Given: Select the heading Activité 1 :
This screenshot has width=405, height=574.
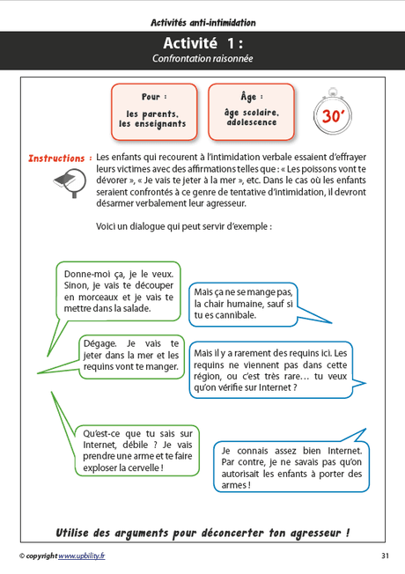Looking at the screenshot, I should click(x=202, y=43).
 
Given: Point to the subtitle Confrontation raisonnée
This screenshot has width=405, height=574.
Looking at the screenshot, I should click(x=202, y=59).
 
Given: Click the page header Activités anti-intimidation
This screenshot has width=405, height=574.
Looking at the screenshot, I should click(x=202, y=21).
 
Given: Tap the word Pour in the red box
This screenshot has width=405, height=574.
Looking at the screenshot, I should click(x=154, y=95).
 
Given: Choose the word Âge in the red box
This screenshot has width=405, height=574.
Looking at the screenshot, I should click(x=250, y=95).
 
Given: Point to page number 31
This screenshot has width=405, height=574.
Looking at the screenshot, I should click(x=385, y=556).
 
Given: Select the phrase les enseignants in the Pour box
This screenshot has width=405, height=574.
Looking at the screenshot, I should click(x=154, y=124).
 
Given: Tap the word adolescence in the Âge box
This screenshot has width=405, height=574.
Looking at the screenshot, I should click(x=250, y=124).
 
